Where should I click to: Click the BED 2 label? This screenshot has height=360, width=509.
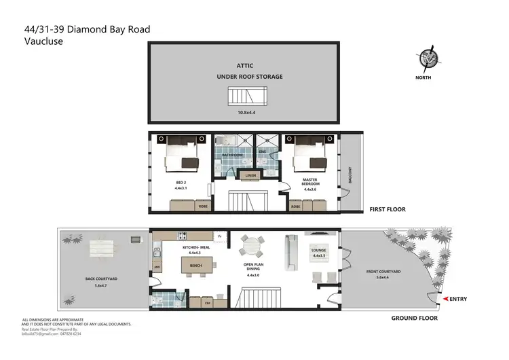180,183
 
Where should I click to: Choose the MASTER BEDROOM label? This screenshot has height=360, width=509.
309,183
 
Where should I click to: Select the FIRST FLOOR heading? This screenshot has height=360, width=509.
387,210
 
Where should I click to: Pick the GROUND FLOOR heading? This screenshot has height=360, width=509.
415,318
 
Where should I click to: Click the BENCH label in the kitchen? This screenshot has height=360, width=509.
196,266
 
